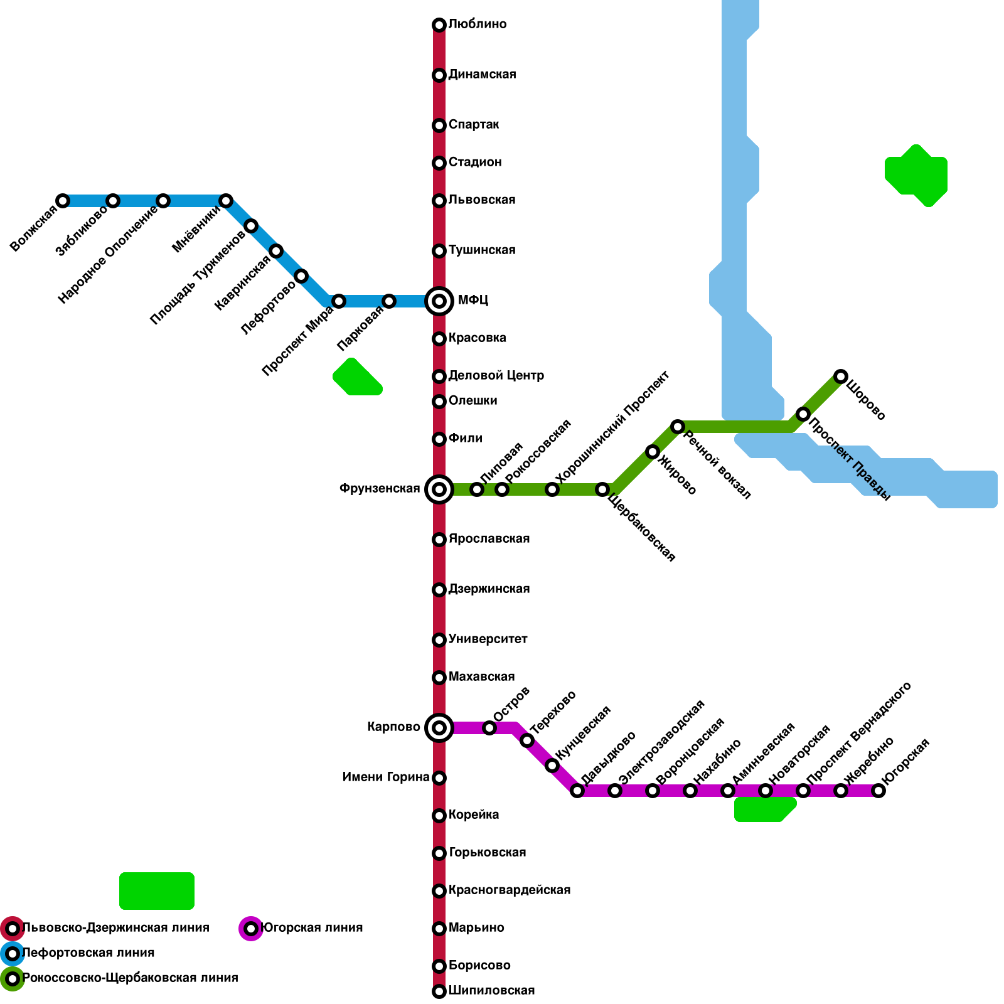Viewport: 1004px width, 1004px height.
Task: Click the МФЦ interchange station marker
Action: [439, 301]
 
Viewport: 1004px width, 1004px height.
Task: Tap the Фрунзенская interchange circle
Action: [439, 489]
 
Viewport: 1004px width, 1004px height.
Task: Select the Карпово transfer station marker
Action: [439, 728]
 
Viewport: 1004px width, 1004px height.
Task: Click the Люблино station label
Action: [478, 24]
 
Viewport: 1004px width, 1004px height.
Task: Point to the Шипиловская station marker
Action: [439, 991]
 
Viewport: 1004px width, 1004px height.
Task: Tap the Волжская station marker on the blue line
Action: [63, 201]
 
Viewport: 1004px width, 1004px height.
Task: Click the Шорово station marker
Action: [841, 376]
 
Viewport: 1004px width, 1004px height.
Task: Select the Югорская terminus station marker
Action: [878, 791]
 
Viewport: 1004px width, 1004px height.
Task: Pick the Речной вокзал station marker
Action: [678, 427]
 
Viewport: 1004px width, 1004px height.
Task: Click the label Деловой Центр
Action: [496, 376]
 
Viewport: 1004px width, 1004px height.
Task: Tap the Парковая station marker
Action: [389, 301]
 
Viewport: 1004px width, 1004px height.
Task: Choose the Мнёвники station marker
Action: [226, 201]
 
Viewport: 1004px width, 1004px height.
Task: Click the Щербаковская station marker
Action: [602, 489]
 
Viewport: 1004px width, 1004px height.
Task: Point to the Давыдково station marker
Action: [577, 791]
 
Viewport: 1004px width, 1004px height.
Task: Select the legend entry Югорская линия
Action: [312, 928]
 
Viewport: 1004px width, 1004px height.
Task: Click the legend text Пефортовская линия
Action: [88, 953]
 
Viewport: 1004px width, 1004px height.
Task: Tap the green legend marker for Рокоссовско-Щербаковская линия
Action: [13, 979]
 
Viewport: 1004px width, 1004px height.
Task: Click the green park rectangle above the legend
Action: [157, 891]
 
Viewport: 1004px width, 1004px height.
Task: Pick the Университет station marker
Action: [439, 640]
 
